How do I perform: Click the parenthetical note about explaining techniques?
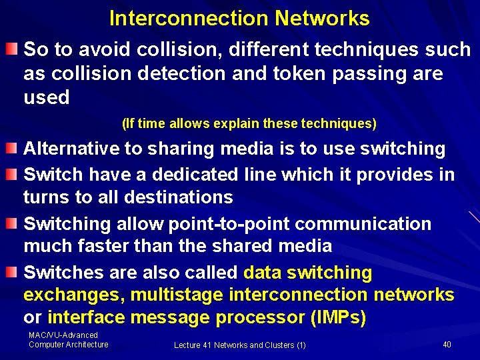(x=249, y=123)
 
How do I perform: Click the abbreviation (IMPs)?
(x=338, y=318)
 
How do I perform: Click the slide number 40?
(x=447, y=344)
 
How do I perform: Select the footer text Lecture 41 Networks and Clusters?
(x=240, y=345)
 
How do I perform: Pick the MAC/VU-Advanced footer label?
(x=63, y=335)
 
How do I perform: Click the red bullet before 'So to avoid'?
(x=13, y=49)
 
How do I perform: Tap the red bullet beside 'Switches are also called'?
(x=13, y=272)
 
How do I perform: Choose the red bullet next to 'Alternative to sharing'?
(x=13, y=148)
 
